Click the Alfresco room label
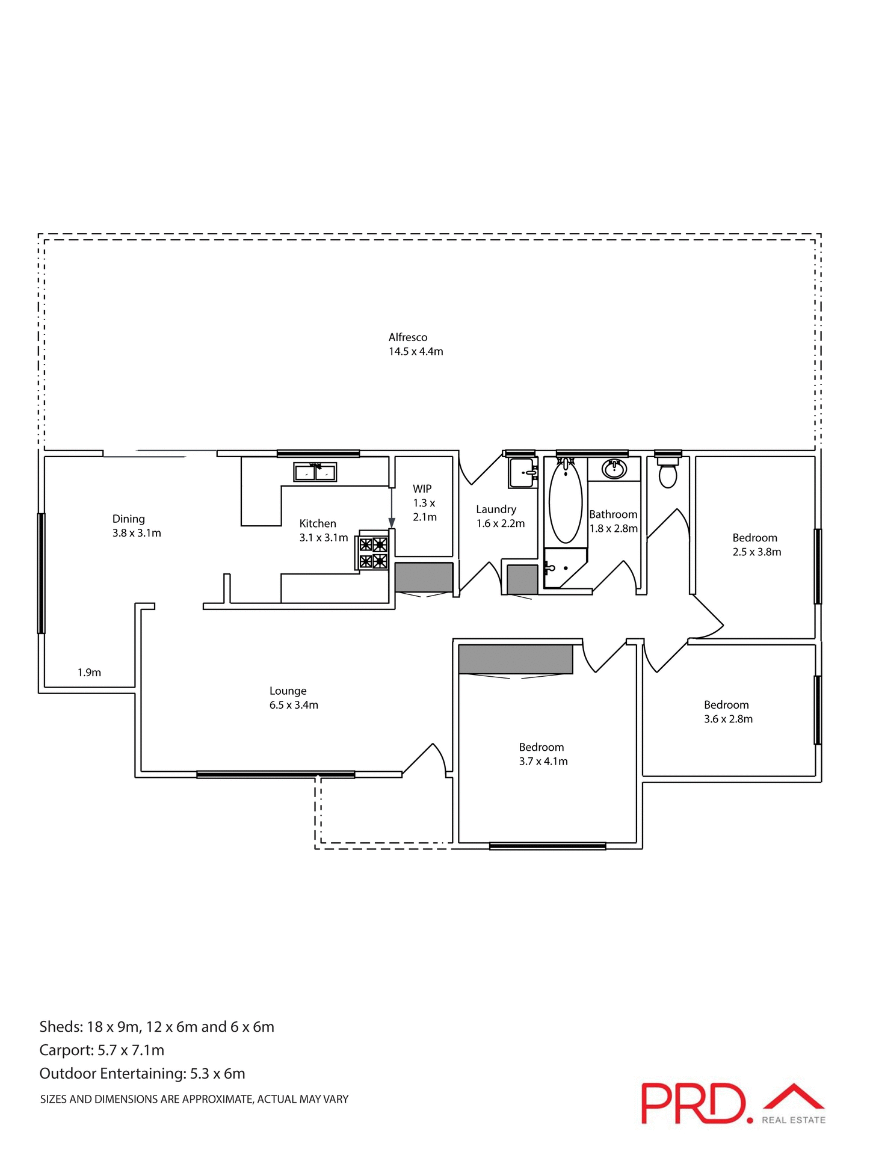(x=415, y=344)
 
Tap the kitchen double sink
(x=315, y=472)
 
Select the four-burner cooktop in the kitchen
(x=373, y=553)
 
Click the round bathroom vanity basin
(x=614, y=469)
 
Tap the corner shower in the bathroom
(x=563, y=568)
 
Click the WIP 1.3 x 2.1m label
(x=424, y=503)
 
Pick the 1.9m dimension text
(x=89, y=673)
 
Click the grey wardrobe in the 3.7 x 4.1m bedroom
(x=515, y=659)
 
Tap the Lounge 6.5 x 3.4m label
(x=293, y=698)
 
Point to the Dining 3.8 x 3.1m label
(x=136, y=526)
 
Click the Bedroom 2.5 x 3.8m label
(x=756, y=544)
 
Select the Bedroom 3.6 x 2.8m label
(x=728, y=712)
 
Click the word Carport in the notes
(x=66, y=1050)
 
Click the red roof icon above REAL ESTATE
(x=794, y=1097)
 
